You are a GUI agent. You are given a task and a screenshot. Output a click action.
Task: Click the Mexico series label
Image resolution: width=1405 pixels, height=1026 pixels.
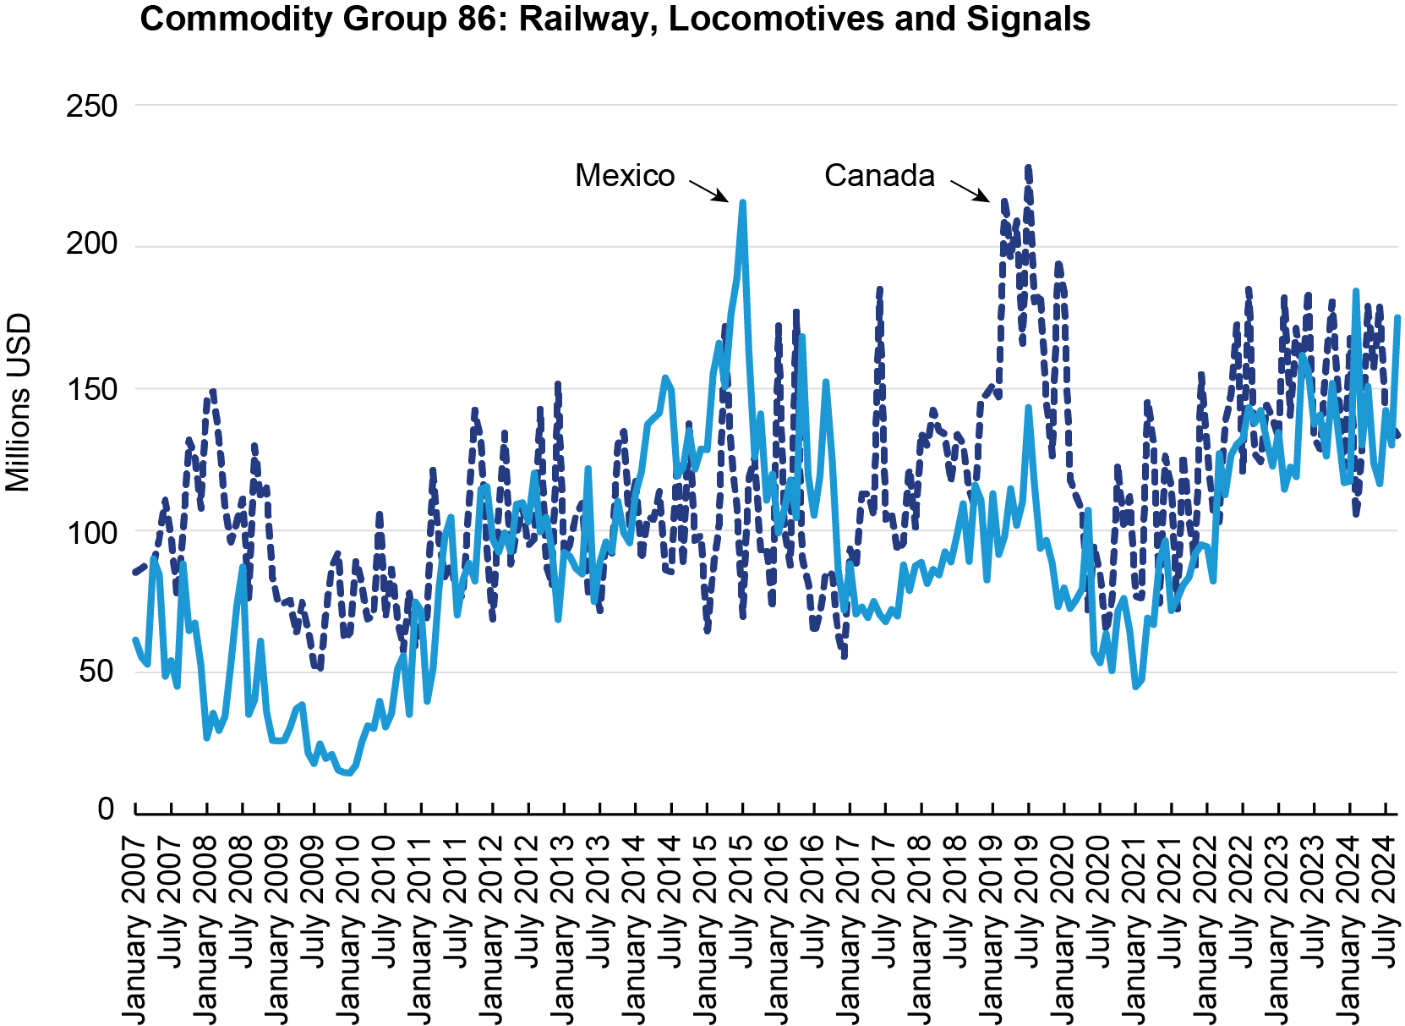[625, 176]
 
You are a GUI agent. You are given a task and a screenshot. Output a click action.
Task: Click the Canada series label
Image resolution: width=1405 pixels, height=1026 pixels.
[879, 176]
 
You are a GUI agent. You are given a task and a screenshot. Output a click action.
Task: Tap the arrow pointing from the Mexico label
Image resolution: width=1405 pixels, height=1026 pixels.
[708, 190]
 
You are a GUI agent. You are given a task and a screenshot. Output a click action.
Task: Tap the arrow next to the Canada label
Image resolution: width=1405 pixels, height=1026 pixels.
[970, 190]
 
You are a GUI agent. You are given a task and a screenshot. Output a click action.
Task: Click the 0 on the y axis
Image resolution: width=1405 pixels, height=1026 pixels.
[106, 809]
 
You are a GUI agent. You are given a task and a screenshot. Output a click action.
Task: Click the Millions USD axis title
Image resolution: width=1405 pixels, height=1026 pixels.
[18, 403]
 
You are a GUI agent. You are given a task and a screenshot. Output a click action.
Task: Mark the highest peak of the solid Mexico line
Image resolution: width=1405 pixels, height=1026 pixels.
[742, 202]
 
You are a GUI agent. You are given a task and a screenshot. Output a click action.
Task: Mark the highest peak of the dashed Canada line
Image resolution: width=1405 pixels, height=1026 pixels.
[1028, 168]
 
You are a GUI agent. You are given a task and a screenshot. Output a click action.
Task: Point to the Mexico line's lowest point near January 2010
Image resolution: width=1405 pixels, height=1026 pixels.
[348, 773]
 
